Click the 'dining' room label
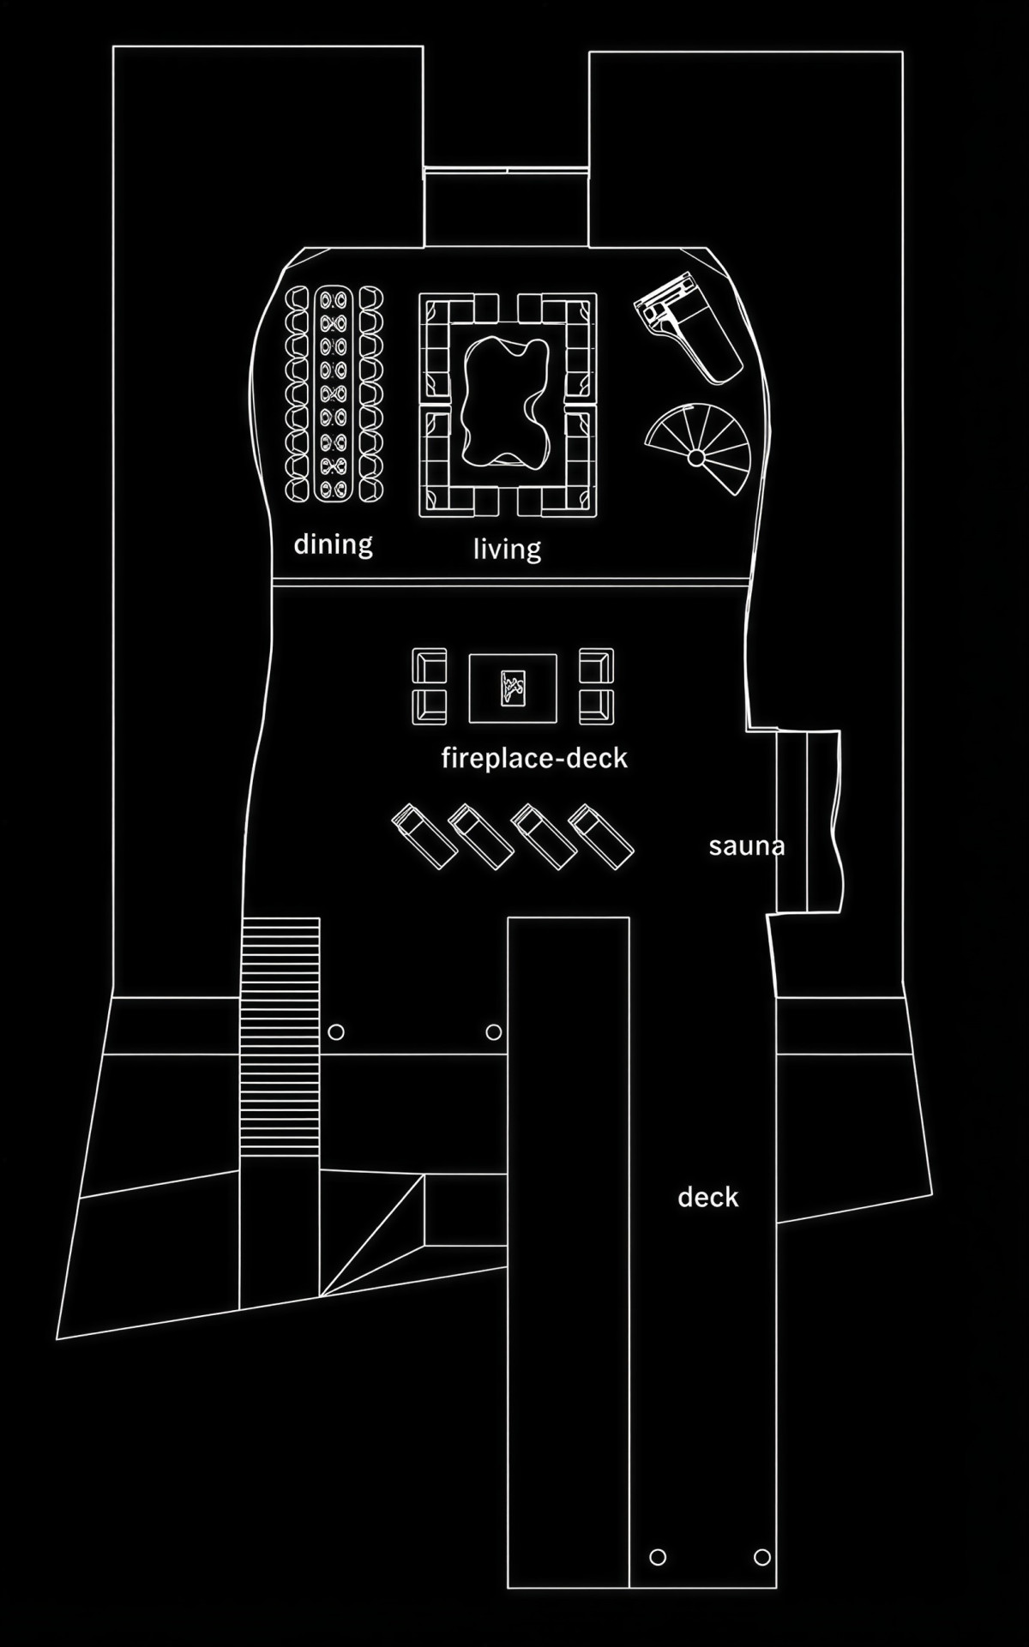333,544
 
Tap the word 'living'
507,548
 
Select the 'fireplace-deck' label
534,758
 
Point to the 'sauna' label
746,846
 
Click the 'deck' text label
707,1197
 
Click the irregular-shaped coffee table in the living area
506,403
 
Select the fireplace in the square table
513,688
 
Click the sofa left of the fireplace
429,686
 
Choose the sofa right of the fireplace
596,686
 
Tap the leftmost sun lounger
424,837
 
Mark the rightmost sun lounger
602,837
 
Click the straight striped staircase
280,1029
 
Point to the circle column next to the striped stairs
336,1032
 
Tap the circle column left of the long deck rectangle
493,1032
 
